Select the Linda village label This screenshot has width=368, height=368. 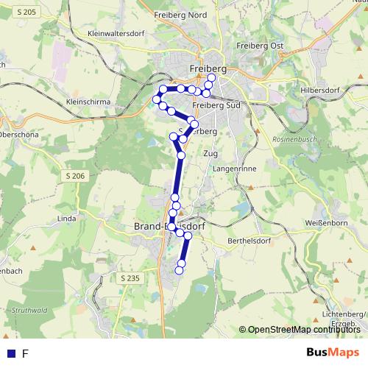click(67, 219)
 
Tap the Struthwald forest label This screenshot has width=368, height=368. click(29, 311)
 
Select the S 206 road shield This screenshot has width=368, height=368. click(74, 175)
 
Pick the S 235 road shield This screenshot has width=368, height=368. click(128, 277)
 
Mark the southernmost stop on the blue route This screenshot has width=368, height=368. click(178, 271)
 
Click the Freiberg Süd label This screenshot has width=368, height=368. click(216, 105)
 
